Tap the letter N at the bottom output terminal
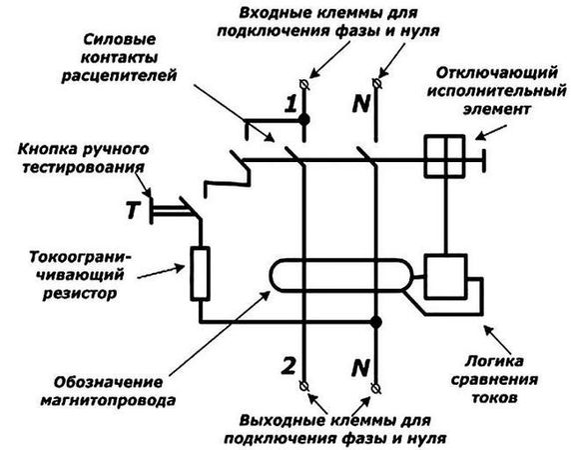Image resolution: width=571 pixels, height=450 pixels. pos(358,365)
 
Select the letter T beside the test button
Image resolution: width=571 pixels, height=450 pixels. pos(132,209)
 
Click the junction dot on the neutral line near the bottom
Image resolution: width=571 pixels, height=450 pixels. pos(375,321)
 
